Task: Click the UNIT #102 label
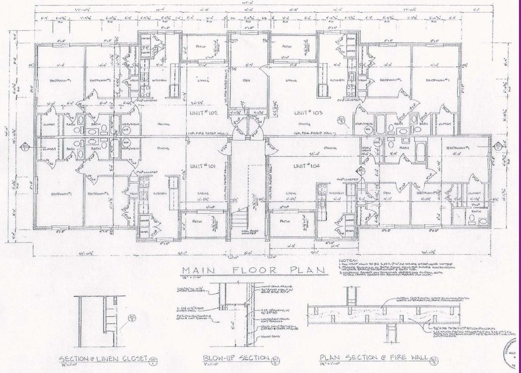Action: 202,112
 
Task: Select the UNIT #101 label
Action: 202,166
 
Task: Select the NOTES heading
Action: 349,260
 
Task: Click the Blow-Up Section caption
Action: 236,358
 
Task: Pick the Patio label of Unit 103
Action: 286,47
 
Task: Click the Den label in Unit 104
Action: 387,193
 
